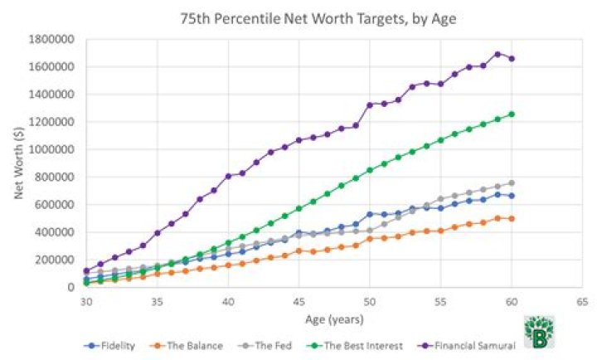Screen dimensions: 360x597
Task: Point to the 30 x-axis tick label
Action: tap(86, 302)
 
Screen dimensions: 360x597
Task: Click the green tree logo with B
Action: tap(539, 331)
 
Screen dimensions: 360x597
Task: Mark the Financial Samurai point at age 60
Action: tap(511, 58)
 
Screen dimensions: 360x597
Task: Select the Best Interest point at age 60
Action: tap(511, 114)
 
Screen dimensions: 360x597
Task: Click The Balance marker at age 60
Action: tap(511, 218)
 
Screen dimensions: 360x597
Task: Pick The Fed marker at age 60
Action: tap(511, 182)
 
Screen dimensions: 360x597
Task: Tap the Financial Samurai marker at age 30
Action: tap(86, 270)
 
